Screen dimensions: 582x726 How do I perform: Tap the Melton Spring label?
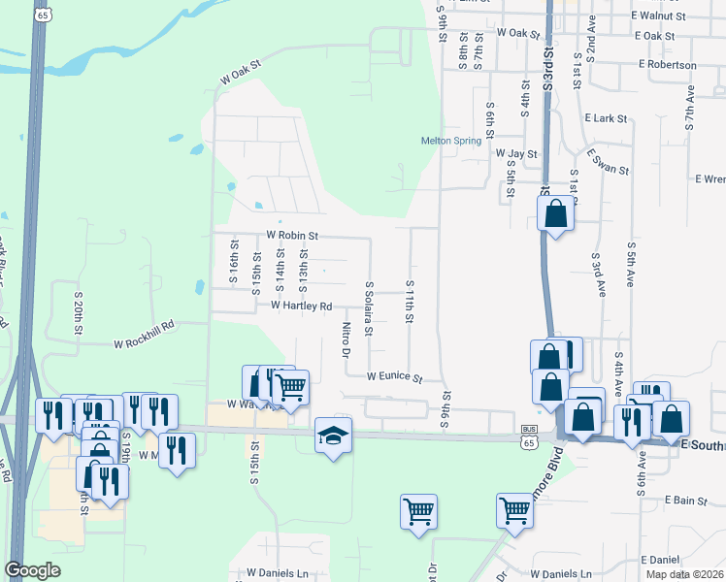coord(450,141)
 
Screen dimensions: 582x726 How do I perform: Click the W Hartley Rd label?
coord(301,306)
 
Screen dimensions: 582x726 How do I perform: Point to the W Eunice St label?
coord(395,377)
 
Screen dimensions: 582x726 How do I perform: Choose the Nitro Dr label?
coord(346,340)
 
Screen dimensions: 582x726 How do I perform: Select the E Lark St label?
coord(607,118)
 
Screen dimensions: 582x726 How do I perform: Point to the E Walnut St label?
coord(657,16)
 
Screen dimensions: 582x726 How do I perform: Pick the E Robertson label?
coord(668,65)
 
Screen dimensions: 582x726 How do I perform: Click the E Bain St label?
coord(686,501)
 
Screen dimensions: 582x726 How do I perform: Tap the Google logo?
coord(32,570)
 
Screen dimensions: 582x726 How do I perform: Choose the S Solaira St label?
coord(369,308)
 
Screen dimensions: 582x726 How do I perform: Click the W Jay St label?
coord(516,153)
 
